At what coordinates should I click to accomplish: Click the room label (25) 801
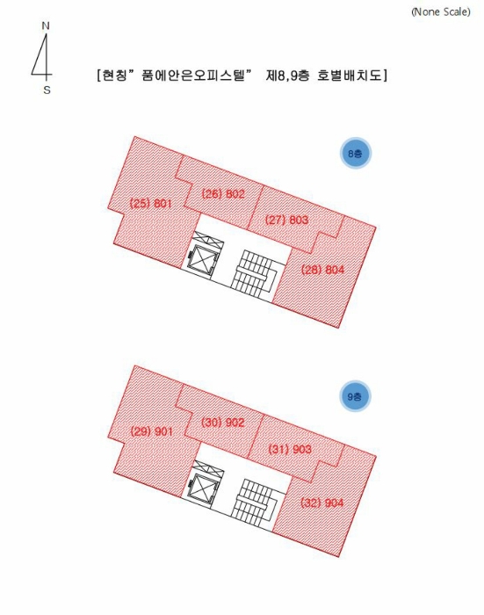pos(150,203)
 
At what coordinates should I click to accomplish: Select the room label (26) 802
pos(223,194)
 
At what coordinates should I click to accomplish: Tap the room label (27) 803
pos(286,220)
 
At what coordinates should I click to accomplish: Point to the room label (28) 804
pos(322,270)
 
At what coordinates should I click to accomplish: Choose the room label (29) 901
pos(151,431)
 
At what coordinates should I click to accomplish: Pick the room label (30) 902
pos(223,423)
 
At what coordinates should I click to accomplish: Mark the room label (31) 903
pos(290,449)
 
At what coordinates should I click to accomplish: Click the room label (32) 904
pos(322,503)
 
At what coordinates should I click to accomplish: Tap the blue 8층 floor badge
pos(356,153)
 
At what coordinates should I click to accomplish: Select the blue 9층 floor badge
pos(355,396)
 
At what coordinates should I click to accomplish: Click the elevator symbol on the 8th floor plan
pos(202,261)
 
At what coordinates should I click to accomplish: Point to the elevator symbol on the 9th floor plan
pos(202,489)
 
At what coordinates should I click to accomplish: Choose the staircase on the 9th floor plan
pos(255,500)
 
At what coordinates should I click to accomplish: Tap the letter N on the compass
pos(46,26)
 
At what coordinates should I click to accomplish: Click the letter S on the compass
pos(47,90)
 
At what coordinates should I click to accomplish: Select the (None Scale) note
pos(441,11)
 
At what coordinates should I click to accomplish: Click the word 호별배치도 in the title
pos(350,75)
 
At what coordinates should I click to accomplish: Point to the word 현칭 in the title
pos(115,75)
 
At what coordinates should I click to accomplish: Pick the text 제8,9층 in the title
pos(288,75)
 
